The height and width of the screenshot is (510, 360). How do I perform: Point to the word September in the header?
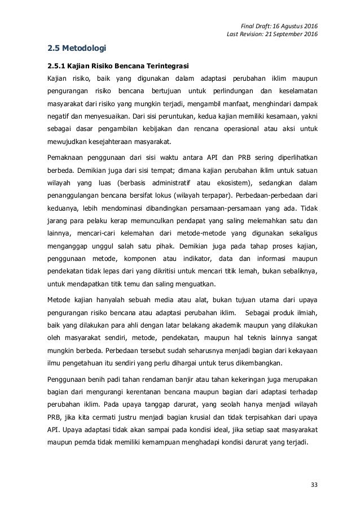click(283, 35)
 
